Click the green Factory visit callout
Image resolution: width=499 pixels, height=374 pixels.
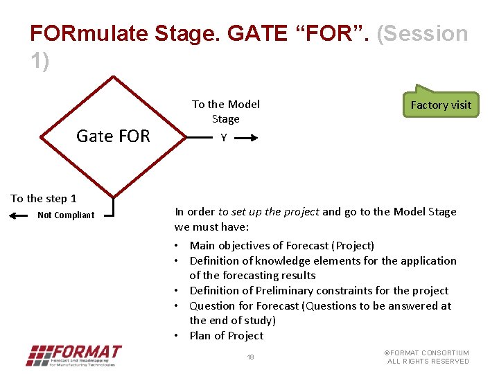441,105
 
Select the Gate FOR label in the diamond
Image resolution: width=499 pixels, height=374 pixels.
113,136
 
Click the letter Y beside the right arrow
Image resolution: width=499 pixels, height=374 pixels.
223,138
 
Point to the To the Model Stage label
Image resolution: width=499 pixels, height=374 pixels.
225,112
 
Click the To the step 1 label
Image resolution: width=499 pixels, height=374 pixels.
44,199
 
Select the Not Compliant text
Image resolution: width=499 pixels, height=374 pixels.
66,215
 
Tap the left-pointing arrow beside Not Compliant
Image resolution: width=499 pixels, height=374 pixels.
21,215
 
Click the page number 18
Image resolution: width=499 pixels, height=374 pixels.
251,357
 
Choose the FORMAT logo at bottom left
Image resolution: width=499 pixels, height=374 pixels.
73,355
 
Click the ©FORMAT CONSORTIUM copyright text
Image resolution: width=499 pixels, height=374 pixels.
427,353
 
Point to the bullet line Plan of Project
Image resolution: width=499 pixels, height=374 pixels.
226,336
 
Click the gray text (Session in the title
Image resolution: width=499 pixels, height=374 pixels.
422,33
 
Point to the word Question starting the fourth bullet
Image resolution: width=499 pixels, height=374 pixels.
212,306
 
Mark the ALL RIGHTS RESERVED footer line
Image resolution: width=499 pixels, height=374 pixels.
428,362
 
